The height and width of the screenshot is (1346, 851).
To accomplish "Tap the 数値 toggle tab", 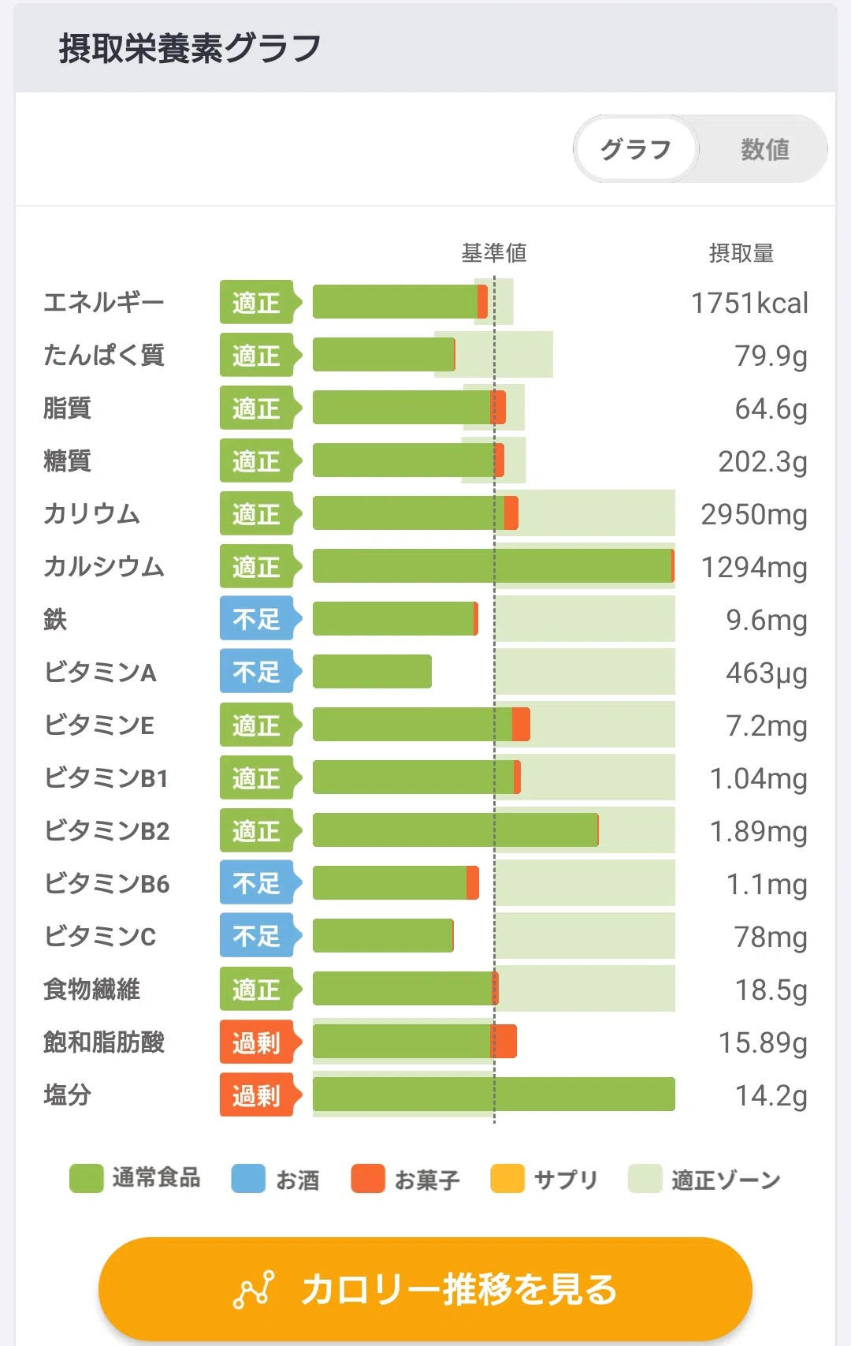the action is click(764, 149).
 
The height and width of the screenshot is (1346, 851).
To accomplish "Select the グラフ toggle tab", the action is click(636, 149).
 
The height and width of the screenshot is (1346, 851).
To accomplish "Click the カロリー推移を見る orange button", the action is click(425, 1289).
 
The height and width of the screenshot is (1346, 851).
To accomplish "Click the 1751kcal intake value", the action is click(749, 303).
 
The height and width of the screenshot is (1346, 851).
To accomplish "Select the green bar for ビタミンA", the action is click(373, 671).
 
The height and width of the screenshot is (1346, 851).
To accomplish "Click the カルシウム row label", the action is click(104, 567).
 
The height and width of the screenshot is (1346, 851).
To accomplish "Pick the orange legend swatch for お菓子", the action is click(367, 1178).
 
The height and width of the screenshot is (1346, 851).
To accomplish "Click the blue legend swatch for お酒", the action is click(248, 1178).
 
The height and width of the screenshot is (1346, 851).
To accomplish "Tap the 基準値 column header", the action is click(494, 253).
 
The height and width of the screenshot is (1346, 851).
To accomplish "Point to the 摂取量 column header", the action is click(741, 253).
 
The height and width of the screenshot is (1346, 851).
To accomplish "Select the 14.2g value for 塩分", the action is click(771, 1096).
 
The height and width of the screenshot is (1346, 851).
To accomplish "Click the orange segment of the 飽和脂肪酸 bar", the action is click(504, 1042).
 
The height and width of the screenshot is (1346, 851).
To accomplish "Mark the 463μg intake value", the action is click(767, 673).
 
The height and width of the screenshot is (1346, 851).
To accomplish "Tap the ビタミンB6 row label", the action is click(107, 884).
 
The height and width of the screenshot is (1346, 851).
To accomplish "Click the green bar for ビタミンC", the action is click(383, 936).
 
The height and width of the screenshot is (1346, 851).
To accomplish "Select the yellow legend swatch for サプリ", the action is click(507, 1178).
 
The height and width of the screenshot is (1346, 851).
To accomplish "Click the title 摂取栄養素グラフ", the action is click(190, 48).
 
